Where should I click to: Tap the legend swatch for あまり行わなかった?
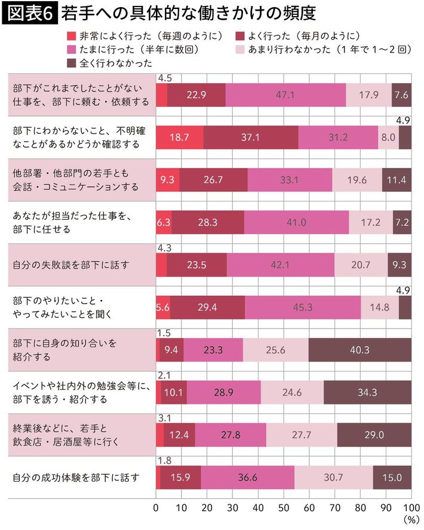[x=241, y=48]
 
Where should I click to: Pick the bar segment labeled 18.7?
[x=179, y=137]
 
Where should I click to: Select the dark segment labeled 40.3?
[x=360, y=350]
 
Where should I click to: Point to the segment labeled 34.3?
[x=367, y=392]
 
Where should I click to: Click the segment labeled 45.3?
[x=303, y=307]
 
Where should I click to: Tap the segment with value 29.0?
[x=374, y=434]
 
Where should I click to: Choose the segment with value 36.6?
[x=247, y=477]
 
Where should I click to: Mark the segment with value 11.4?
[x=397, y=180]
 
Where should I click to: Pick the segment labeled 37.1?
[x=251, y=137]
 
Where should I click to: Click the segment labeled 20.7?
[x=361, y=265]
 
